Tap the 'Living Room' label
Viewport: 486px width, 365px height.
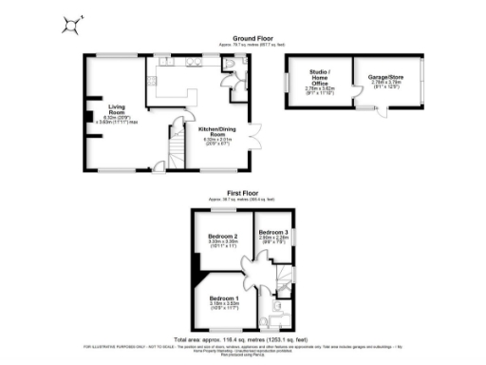(x=117, y=107)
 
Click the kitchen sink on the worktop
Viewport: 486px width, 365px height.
(x=196, y=63)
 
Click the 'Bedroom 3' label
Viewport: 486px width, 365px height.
(x=272, y=232)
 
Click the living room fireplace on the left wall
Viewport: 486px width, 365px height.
(x=87, y=120)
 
